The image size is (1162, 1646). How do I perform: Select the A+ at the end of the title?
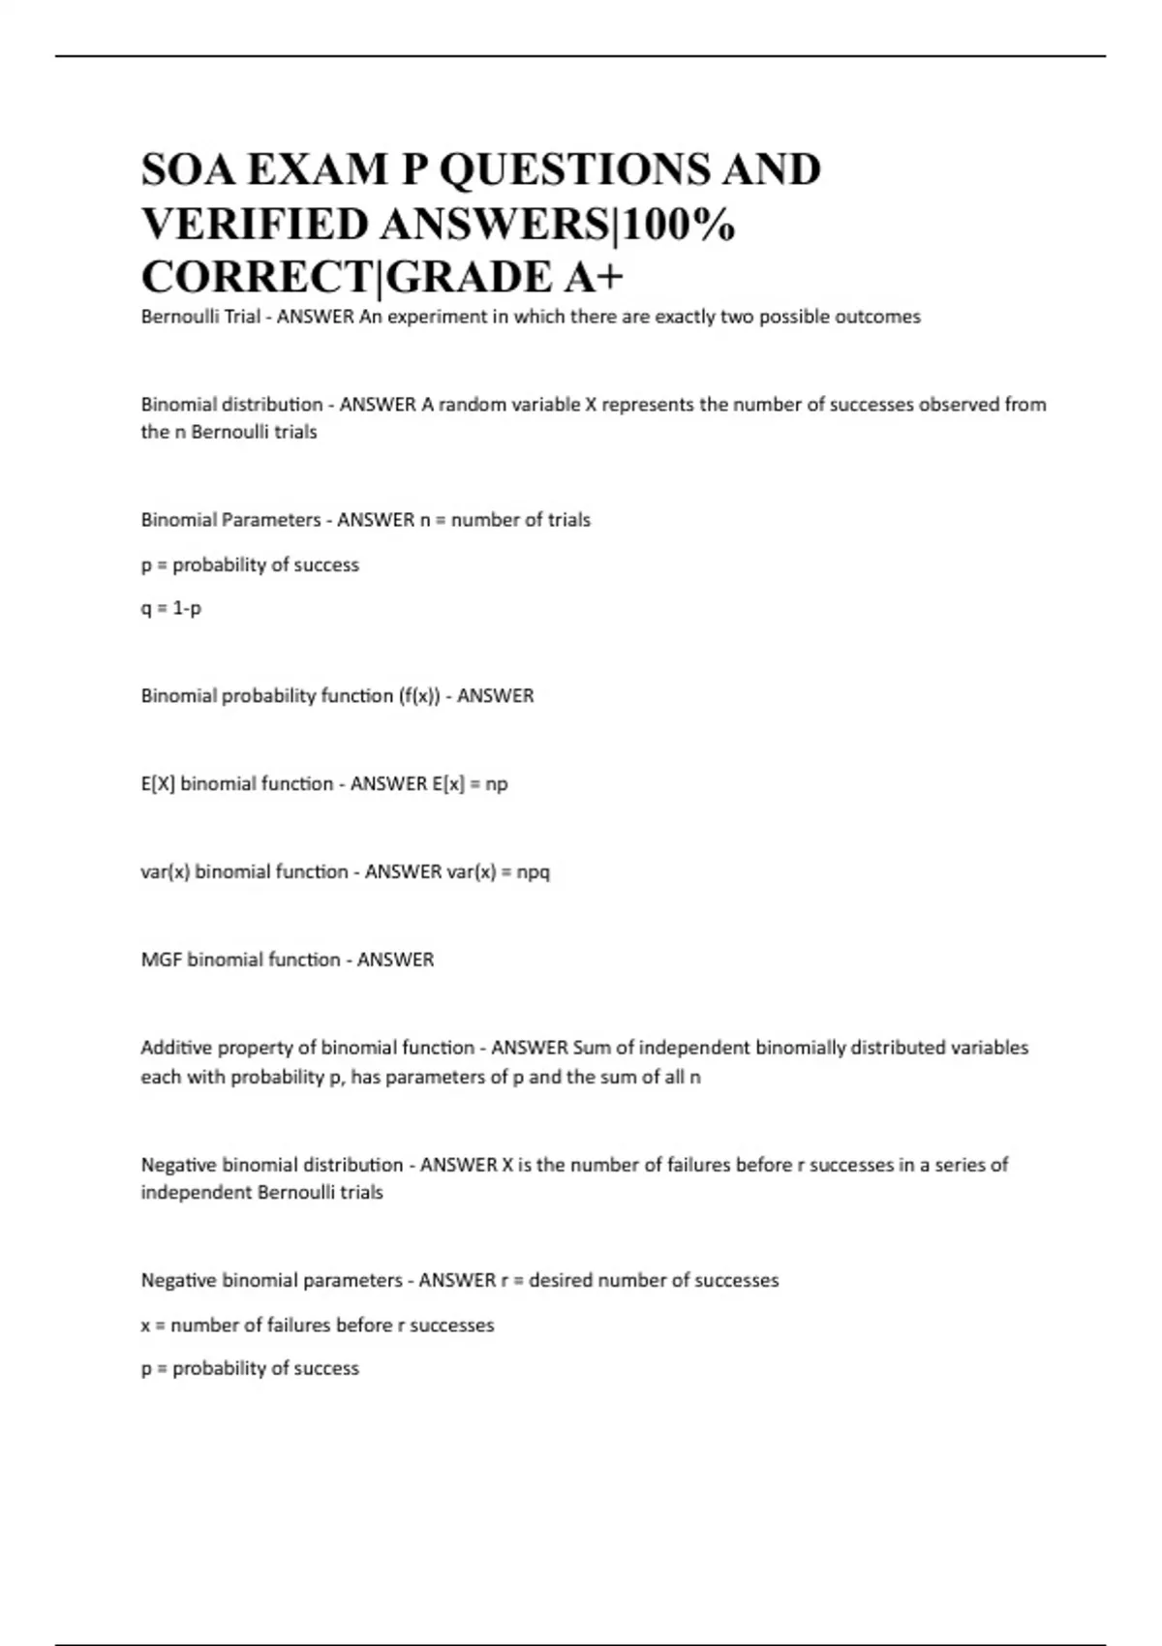point(593,277)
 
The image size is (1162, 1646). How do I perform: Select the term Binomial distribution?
point(231,404)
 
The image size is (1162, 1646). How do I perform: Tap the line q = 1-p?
point(171,608)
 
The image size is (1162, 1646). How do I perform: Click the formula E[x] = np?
point(470,783)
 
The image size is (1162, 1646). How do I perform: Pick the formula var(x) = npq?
point(498,871)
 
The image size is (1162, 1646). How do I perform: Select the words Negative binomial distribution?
point(272,1165)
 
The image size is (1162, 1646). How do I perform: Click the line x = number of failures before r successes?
point(318,1325)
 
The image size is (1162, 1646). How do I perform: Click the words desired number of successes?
point(654,1280)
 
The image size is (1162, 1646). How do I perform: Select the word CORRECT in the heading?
point(257,277)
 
